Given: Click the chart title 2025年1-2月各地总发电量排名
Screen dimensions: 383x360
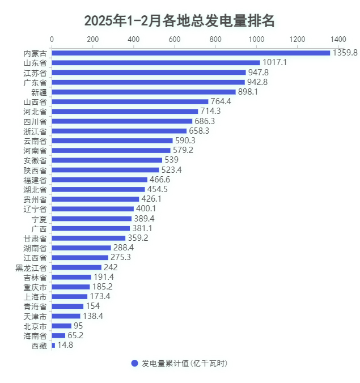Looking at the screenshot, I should pos(180,21).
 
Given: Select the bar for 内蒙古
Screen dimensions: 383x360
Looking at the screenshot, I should pos(190,53).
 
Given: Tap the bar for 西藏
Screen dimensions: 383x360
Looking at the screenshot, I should pos(54,344).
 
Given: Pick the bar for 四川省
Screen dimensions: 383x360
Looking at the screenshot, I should pos(122,121).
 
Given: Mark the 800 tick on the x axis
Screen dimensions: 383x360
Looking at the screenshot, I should pos(215,39).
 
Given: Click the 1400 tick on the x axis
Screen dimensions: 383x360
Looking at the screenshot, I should pos(338,39).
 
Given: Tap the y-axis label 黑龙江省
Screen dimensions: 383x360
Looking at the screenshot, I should pos(31,267).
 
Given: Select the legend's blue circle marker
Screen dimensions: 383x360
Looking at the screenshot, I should pos(134,363).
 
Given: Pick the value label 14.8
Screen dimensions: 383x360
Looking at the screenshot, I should pos(65,344).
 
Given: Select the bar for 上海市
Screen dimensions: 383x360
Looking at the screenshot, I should pos(70,296).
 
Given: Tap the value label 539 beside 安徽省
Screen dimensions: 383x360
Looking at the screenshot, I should pos(171,160).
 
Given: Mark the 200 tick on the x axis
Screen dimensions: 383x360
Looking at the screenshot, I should pos(93,39).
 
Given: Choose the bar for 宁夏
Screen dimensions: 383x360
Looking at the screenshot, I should pos(92,218).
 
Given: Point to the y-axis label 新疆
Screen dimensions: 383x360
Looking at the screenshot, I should pos(39,92).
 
